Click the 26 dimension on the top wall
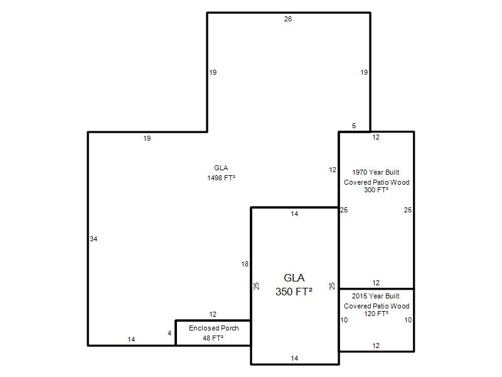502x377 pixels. [x=288, y=19]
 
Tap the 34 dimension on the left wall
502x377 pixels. [x=93, y=239]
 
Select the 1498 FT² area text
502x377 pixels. [x=222, y=178]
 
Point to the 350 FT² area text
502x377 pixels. [x=294, y=292]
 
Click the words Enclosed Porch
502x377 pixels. [x=214, y=328]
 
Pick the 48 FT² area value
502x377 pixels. [x=213, y=338]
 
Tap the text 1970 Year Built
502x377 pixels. [x=376, y=172]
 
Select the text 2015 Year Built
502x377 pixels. [x=375, y=296]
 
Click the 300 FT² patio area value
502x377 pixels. [x=376, y=190]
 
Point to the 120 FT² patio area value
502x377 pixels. [x=376, y=314]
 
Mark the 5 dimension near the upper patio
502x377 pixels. [x=354, y=126]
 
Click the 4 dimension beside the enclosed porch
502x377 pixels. [x=169, y=334]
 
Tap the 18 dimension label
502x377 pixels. [x=245, y=264]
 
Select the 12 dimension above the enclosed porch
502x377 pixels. [x=213, y=315]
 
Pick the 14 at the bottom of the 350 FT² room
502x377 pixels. [x=294, y=358]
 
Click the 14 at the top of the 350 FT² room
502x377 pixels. [x=294, y=214]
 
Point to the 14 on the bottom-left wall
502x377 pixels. [x=131, y=339]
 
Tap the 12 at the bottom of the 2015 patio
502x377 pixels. [x=376, y=346]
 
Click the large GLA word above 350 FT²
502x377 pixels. [x=294, y=278]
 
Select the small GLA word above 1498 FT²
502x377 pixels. [x=221, y=168]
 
